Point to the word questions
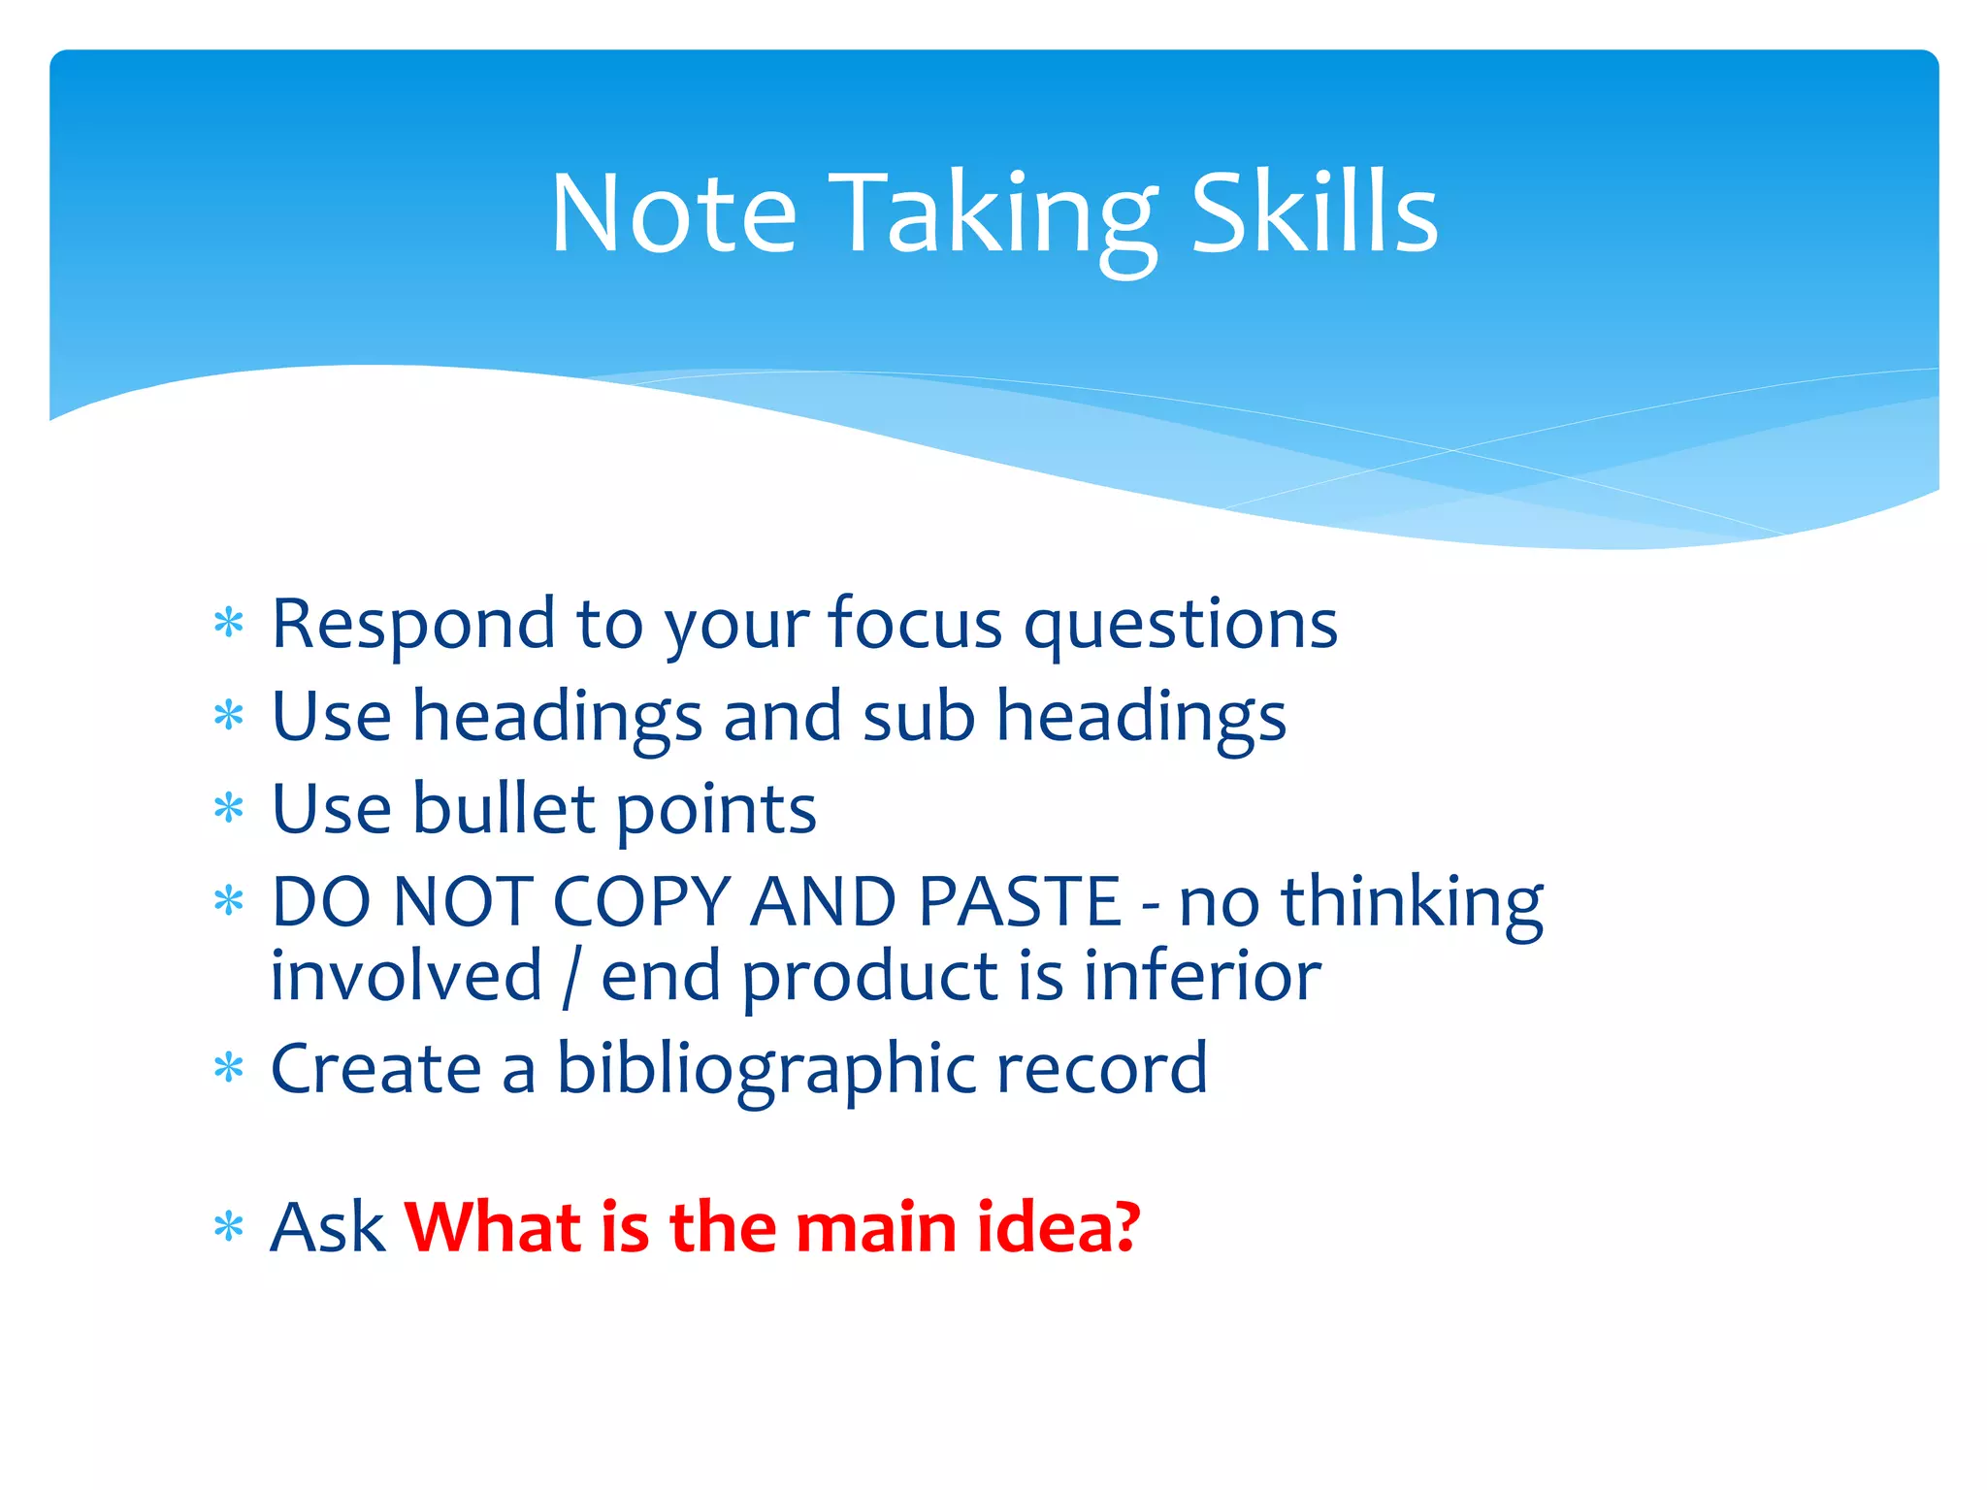tap(1181, 626)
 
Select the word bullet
tap(503, 808)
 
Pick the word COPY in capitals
tap(640, 902)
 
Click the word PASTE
tap(1019, 902)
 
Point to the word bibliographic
tap(765, 1070)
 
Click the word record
tap(1101, 1068)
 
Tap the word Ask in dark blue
tap(328, 1228)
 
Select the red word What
tap(493, 1227)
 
